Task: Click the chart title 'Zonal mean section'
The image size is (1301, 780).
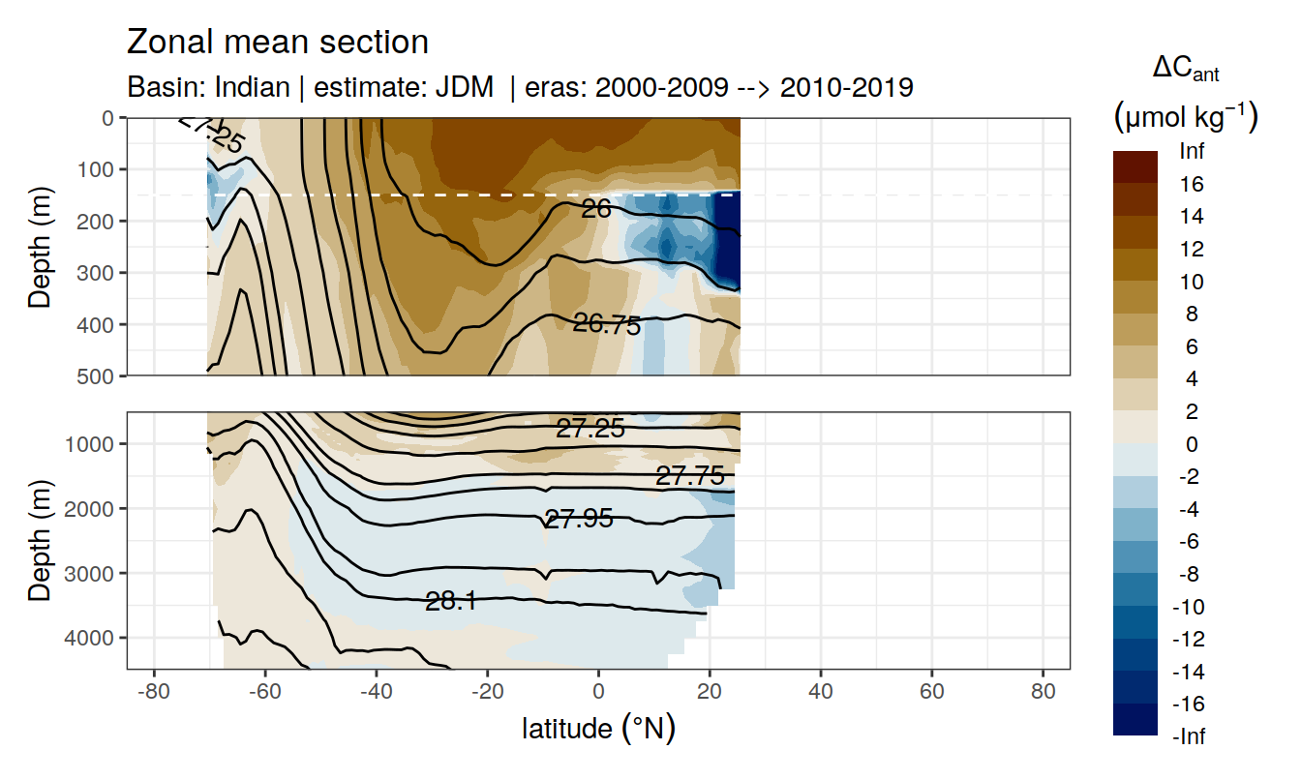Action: [x=278, y=43]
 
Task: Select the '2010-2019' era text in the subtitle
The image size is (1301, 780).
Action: [x=847, y=88]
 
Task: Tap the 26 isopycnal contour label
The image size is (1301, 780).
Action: [x=596, y=207]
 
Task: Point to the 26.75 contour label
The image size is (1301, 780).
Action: [x=607, y=325]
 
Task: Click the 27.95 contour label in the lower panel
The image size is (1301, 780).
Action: [x=579, y=519]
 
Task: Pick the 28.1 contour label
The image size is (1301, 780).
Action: [x=451, y=602]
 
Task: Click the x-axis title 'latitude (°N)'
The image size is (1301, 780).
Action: [x=598, y=728]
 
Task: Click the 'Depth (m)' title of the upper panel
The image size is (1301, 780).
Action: [x=40, y=246]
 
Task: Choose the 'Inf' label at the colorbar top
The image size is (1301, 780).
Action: [x=1192, y=151]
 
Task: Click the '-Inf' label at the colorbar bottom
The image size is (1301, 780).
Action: [x=1189, y=736]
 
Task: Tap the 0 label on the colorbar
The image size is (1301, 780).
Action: [x=1191, y=444]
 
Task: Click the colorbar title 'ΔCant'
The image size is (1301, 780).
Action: [x=1185, y=69]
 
